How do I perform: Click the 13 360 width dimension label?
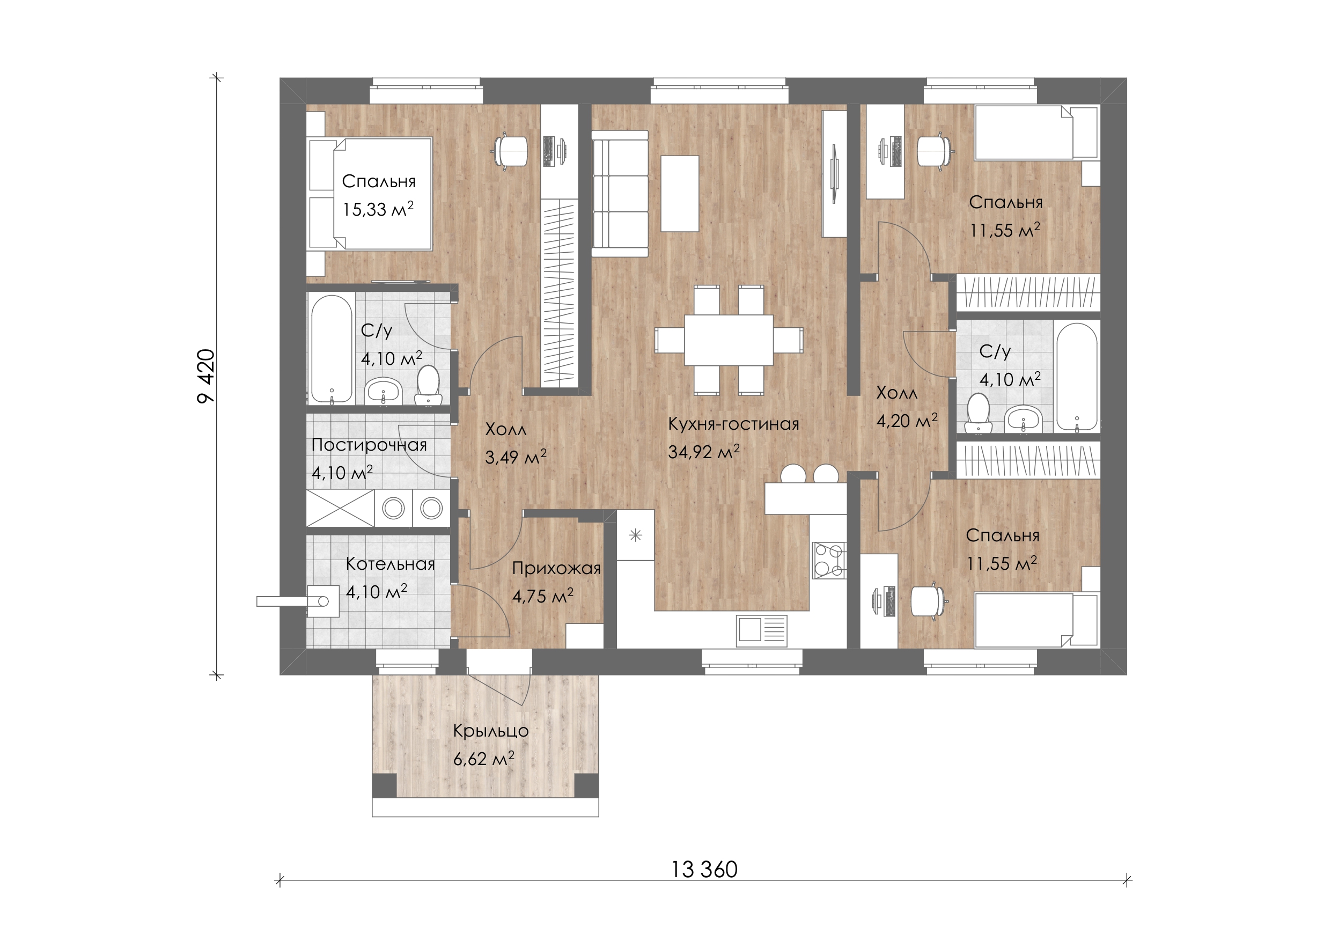pos(704,869)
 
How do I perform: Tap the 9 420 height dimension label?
pos(207,376)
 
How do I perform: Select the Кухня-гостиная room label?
pos(733,424)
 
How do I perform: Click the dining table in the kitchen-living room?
pos(729,340)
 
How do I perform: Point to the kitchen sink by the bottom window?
pos(762,630)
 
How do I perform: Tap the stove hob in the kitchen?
pos(829,560)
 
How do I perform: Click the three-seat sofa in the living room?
pos(620,193)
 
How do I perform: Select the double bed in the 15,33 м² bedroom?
pos(370,194)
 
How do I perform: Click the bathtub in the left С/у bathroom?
pos(332,348)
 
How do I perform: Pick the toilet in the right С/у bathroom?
pos(979,413)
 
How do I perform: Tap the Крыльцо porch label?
pos(490,731)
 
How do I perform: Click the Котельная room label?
pos(390,564)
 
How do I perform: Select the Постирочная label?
pos(369,445)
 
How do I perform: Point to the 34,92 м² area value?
pos(704,451)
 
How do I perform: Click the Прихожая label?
pos(556,569)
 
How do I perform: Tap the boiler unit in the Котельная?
pos(322,601)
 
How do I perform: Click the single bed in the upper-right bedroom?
pos(1036,132)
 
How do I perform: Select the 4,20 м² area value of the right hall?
pos(907,421)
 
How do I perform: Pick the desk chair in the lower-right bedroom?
pos(929,601)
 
